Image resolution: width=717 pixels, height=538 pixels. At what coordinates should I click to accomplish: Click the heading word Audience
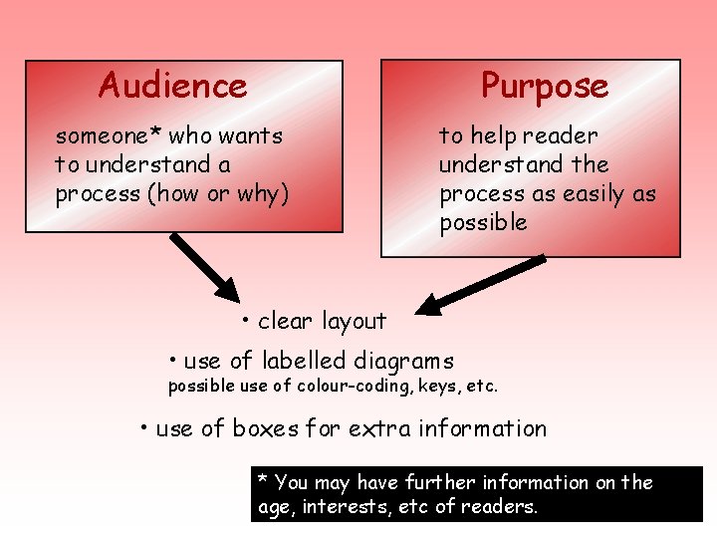click(x=172, y=86)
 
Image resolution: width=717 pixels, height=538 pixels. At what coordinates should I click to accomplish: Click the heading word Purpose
click(x=545, y=86)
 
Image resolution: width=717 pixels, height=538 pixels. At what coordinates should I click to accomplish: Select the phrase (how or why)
click(x=218, y=193)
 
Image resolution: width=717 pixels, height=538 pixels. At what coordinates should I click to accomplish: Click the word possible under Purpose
click(x=483, y=222)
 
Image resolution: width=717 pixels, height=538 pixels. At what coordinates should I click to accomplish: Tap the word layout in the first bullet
click(x=350, y=321)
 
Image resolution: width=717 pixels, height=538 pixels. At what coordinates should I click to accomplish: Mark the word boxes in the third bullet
click(x=265, y=428)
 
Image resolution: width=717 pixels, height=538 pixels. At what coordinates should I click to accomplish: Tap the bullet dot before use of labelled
click(x=172, y=359)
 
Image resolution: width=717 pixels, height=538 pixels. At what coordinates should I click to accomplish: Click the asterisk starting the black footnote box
click(x=263, y=481)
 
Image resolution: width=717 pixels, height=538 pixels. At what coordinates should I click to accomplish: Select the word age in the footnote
click(x=272, y=507)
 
